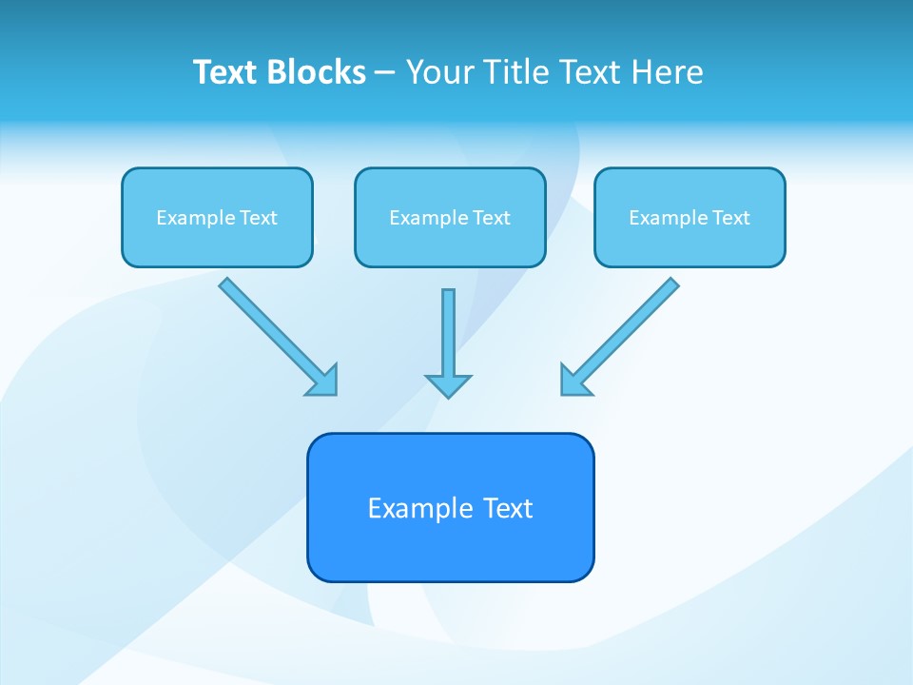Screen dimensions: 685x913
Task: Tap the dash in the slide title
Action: pos(385,73)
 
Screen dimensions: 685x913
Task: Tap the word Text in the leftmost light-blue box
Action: pos(258,218)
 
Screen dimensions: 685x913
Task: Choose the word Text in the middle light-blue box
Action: pos(491,218)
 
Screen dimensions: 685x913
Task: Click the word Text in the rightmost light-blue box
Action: pos(730,218)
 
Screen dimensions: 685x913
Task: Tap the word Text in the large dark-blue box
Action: pos(508,508)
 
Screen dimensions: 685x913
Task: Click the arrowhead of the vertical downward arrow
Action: pos(448,385)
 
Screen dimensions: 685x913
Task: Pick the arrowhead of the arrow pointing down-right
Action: pos(323,381)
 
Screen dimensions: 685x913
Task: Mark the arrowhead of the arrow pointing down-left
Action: pos(574,381)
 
